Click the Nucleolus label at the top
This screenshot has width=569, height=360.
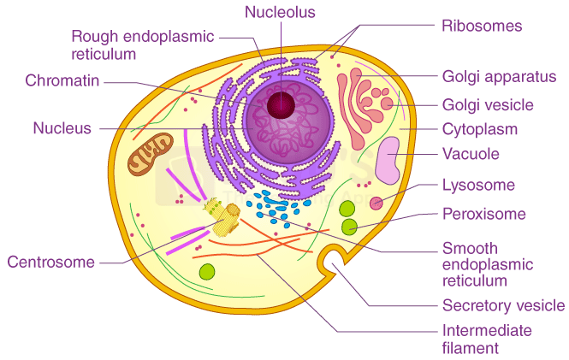(280, 12)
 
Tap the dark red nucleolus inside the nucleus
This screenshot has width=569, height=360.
(281, 105)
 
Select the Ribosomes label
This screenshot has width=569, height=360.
(482, 26)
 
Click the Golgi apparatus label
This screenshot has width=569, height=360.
(499, 76)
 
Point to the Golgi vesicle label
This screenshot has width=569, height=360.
(487, 105)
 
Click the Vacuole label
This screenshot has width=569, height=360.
(471, 155)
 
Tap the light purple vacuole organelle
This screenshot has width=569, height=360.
(388, 160)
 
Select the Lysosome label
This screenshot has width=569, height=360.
(477, 185)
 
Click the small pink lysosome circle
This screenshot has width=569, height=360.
(376, 201)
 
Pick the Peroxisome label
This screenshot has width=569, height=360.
(483, 214)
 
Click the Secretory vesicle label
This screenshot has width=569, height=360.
(503, 305)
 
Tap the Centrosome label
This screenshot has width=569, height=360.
(50, 262)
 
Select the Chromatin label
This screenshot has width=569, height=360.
(63, 81)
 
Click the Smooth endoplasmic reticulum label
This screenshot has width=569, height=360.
(487, 264)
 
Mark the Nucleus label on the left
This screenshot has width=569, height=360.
(62, 128)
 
